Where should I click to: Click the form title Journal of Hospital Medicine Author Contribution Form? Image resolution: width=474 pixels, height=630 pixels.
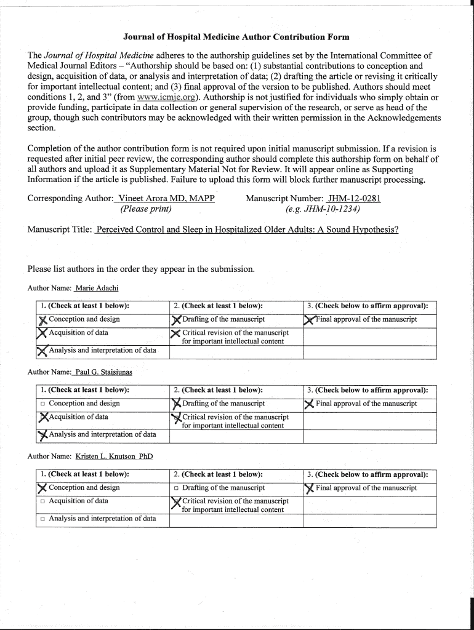click(237, 38)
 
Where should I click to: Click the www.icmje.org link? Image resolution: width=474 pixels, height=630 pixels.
click(161, 97)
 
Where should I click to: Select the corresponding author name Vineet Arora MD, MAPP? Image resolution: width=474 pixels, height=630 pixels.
click(166, 198)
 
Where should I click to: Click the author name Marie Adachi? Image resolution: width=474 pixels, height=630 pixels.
click(97, 288)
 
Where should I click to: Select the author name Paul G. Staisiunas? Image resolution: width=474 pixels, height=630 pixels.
click(103, 372)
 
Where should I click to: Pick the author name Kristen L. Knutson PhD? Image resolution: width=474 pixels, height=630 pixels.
click(114, 457)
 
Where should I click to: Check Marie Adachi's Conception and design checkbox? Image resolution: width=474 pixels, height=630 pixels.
click(42, 319)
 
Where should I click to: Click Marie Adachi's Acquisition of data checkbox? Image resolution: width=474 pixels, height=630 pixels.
click(42, 333)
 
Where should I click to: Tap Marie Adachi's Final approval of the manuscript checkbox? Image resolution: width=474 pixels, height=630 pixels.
click(310, 319)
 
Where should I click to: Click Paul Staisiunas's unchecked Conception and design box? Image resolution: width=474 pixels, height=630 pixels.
click(43, 404)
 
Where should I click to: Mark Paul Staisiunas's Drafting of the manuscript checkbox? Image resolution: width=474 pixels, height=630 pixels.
click(177, 404)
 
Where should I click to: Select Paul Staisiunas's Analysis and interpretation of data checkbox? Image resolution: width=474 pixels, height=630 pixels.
click(42, 435)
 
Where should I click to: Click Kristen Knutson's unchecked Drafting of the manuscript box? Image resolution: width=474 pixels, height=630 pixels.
click(177, 488)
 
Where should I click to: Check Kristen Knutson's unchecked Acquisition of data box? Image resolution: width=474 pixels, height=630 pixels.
click(43, 501)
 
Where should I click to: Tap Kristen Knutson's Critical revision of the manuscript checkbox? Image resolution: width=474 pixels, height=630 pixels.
click(177, 502)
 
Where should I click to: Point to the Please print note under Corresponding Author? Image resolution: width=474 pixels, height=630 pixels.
click(145, 209)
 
